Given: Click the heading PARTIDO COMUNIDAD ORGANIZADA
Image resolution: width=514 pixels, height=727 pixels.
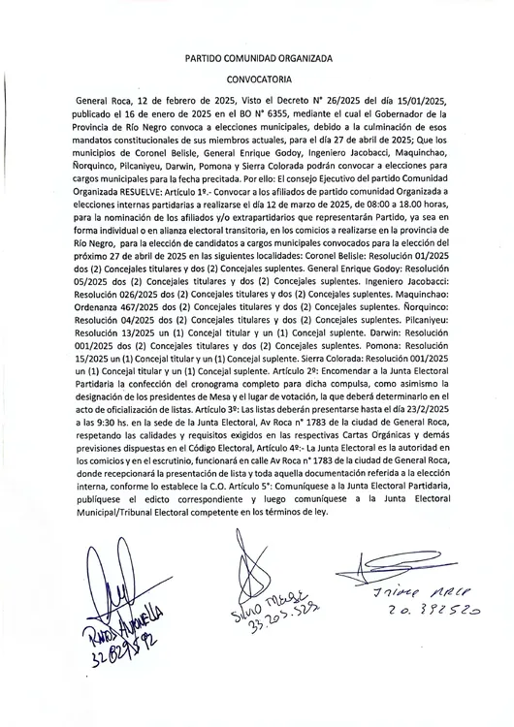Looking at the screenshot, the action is coord(258,58).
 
